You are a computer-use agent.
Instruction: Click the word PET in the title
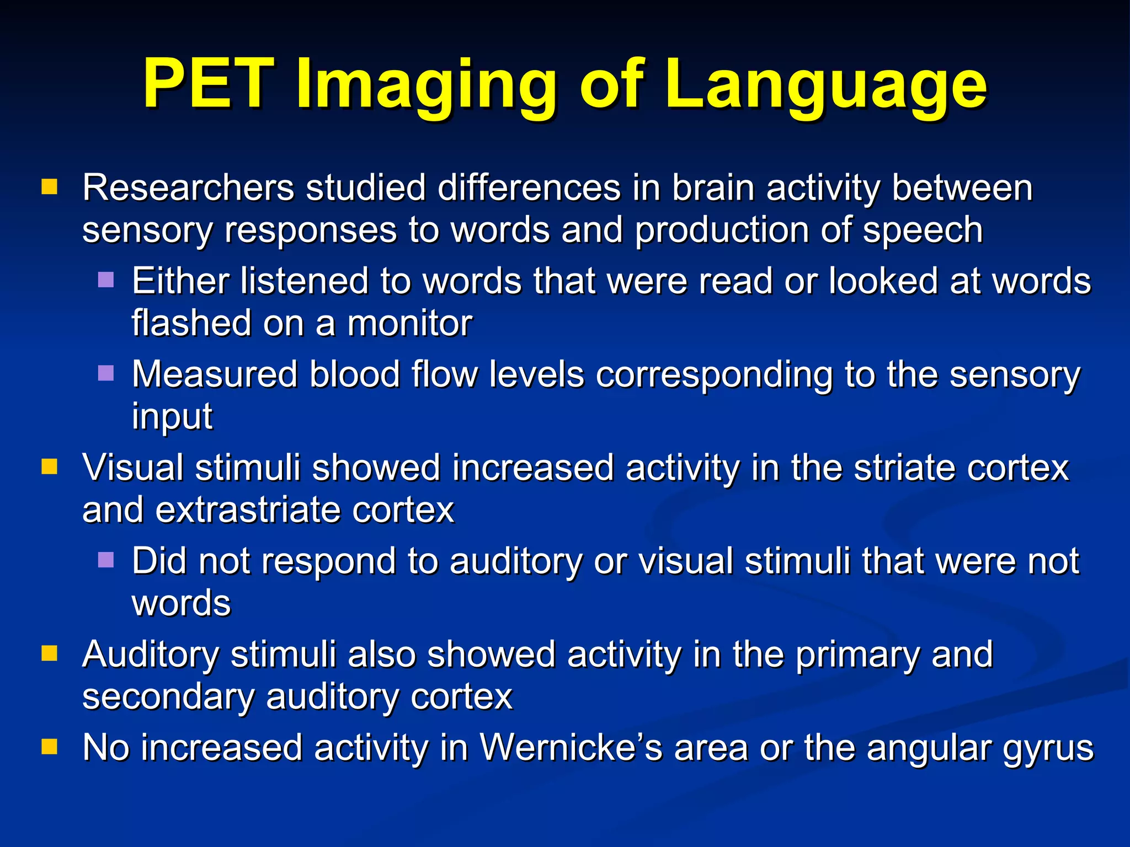pos(209,84)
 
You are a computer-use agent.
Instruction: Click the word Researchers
pos(188,188)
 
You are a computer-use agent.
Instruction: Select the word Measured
pos(214,374)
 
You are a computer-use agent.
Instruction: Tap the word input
pos(172,417)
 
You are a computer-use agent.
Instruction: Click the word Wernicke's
pos(571,748)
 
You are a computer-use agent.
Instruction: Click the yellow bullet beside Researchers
pos(49,187)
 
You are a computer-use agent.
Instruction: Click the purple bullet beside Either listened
pos(105,280)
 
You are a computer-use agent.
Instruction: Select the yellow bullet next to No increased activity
pos(49,747)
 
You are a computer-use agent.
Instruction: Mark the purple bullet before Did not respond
pos(105,560)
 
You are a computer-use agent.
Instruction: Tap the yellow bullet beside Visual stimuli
pos(49,467)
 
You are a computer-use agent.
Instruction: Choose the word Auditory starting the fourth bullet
pos(151,655)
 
